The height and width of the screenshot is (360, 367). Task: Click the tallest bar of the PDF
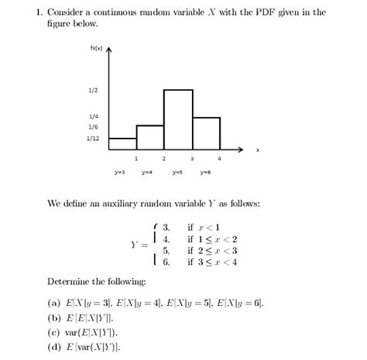(177, 119)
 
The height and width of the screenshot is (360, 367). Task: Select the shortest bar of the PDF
(122, 143)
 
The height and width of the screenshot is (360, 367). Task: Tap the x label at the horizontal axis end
(258, 149)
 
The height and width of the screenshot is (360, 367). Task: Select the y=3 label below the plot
(121, 173)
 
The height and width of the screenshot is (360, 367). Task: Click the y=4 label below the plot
(147, 173)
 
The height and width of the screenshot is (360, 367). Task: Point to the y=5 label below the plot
(177, 173)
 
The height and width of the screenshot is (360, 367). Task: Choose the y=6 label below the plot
(206, 173)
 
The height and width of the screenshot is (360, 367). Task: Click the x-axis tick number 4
(220, 158)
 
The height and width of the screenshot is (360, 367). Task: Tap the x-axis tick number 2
(164, 158)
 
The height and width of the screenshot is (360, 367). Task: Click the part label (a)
(54, 304)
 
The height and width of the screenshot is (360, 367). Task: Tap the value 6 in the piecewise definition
(166, 263)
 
